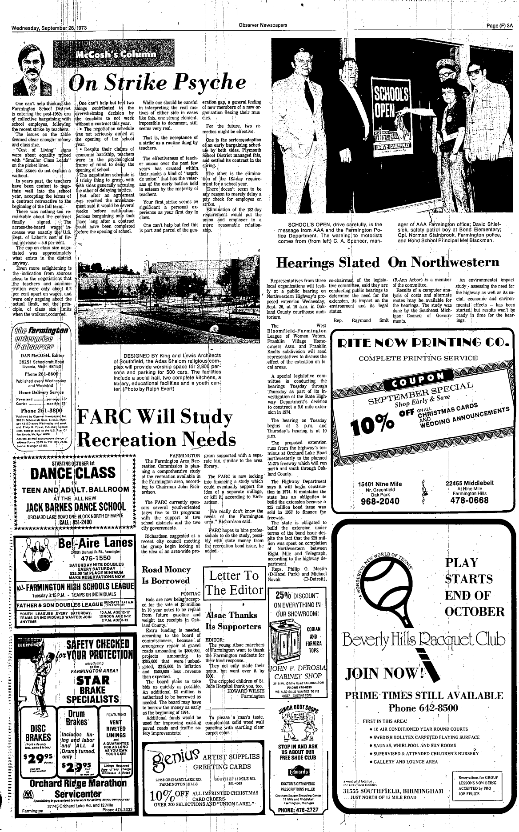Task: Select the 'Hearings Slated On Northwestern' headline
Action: [x=387, y=262]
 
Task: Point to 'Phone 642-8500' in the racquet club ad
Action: [x=423, y=708]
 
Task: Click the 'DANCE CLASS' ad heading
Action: [x=71, y=472]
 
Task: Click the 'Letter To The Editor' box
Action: [x=234, y=583]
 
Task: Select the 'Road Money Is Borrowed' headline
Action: [x=166, y=575]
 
